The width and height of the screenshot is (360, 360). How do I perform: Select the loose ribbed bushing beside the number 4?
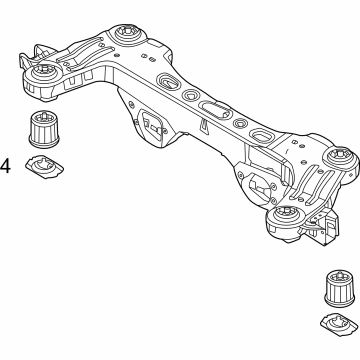[x=44, y=131]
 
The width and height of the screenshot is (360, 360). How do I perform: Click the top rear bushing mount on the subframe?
[x=128, y=36]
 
